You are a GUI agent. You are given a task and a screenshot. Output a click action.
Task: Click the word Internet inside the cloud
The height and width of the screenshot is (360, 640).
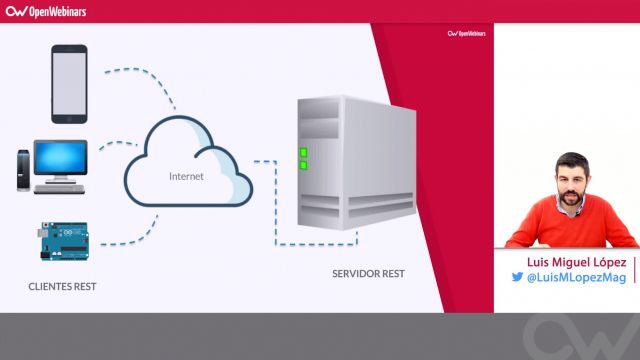pyautogui.click(x=186, y=176)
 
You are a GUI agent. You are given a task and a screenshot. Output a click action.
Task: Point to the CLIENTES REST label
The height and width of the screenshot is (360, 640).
pyautogui.click(x=68, y=287)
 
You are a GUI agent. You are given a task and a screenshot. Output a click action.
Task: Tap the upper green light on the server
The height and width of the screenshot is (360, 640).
pyautogui.click(x=303, y=153)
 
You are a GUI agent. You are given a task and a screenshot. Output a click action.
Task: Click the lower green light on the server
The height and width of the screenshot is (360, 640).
pyautogui.click(x=303, y=166)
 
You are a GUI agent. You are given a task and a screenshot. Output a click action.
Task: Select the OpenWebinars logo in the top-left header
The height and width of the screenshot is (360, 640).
pyautogui.click(x=47, y=12)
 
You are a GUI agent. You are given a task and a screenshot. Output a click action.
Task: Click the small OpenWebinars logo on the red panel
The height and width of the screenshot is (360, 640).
pyautogui.click(x=466, y=33)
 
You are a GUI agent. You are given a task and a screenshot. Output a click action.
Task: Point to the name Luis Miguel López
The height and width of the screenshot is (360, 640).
pyautogui.click(x=568, y=261)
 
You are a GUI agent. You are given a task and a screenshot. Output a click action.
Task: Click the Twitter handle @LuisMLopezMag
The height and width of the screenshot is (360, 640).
pyautogui.click(x=576, y=278)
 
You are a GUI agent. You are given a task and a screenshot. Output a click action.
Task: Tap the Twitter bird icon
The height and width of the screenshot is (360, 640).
pyautogui.click(x=517, y=278)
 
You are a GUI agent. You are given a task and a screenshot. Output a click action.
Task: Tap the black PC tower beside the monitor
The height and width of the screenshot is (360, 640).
pyautogui.click(x=22, y=171)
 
